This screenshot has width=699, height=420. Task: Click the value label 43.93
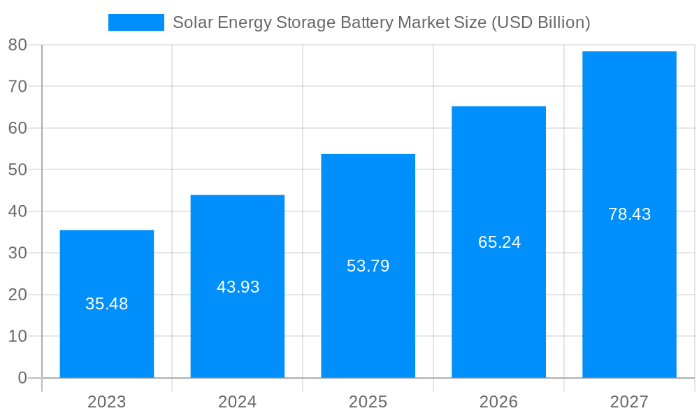point(238,287)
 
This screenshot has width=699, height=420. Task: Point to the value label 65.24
point(499,242)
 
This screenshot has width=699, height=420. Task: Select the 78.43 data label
point(629,214)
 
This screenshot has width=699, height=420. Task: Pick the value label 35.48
point(106,304)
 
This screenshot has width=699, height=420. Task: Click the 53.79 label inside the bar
point(368,266)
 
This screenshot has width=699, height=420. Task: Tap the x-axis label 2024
point(237,402)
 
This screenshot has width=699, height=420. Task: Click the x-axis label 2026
point(498,402)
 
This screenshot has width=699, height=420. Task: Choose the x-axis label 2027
point(629,402)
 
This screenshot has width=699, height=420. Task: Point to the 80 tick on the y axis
point(17,45)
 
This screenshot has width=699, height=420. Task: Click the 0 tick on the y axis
point(22,378)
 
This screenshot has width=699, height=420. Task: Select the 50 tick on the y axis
point(17,169)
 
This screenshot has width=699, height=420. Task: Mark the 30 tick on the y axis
point(17,253)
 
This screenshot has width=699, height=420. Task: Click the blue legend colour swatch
point(136,22)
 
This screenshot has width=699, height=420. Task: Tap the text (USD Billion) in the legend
point(540,22)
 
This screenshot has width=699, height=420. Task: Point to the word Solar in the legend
point(193,22)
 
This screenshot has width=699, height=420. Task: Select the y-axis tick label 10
point(17,336)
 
